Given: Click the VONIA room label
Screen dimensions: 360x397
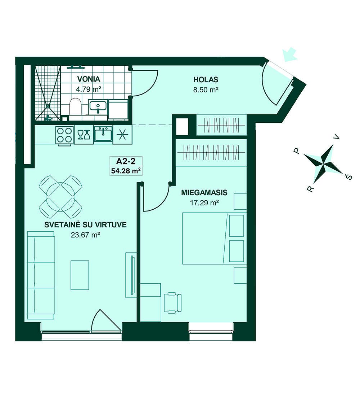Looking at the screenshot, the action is click(x=89, y=79).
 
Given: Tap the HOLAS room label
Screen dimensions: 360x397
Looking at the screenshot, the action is click(x=206, y=79).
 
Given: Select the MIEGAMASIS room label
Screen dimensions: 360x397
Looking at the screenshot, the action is click(x=204, y=193).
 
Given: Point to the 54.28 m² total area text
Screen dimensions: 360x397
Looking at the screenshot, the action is click(x=126, y=171).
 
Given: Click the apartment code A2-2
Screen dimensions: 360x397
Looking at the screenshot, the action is click(x=126, y=161).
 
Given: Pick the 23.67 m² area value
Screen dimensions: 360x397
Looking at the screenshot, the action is click(x=85, y=235).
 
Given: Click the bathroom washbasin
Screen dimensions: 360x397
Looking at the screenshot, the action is click(x=98, y=107).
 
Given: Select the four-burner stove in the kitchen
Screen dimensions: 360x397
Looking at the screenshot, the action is click(x=64, y=135).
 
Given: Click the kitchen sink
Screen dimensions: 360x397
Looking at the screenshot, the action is click(x=103, y=135).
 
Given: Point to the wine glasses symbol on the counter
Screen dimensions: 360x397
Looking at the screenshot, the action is click(x=84, y=135).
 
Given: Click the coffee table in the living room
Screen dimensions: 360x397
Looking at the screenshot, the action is click(x=80, y=275).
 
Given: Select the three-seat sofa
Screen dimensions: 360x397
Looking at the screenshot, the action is click(x=41, y=275).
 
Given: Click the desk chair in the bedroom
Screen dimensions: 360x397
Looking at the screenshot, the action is click(x=173, y=302).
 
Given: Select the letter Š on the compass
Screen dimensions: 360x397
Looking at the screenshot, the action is click(x=349, y=177).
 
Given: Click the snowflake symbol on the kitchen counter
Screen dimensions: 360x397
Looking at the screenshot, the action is click(x=122, y=135).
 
